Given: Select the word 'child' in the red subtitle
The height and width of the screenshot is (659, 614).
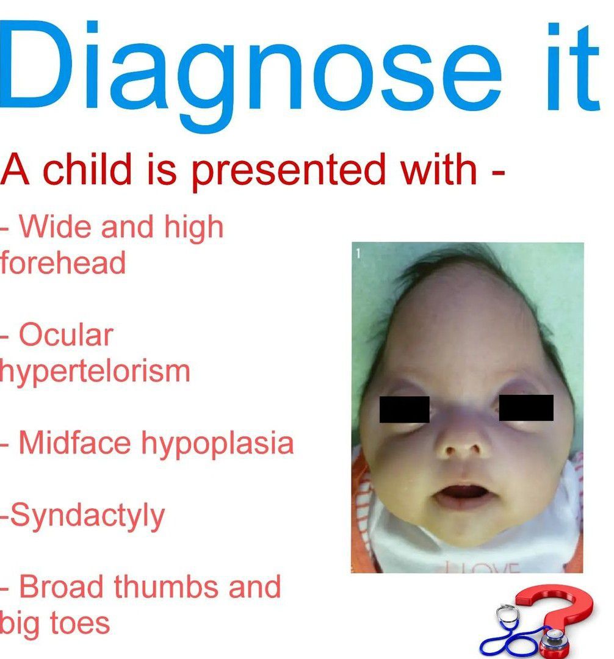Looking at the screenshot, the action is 87,169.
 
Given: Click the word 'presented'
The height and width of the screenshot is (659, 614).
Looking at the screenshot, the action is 288,172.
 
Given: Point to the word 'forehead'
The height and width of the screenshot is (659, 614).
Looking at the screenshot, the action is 63,262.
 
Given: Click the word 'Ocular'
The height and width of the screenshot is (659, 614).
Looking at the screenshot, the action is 66,335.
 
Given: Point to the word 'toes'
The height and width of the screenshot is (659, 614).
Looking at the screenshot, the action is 81,624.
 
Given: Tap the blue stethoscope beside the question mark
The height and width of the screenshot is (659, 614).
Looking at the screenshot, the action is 518,635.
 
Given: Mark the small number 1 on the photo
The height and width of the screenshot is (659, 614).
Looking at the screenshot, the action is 358,253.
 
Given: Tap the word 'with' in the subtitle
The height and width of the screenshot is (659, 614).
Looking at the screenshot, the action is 438,169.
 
